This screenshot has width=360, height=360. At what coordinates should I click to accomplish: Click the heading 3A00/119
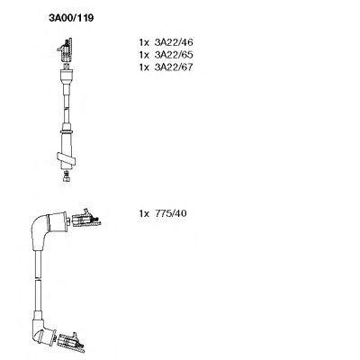(x=71, y=18)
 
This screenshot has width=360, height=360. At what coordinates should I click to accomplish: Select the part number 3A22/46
(x=174, y=42)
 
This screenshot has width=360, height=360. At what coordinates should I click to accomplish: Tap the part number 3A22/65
(x=174, y=55)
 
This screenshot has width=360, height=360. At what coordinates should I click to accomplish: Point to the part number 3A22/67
(x=174, y=67)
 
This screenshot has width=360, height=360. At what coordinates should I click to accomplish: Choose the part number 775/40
(x=170, y=213)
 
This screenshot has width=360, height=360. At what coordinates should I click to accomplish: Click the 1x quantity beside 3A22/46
(x=144, y=42)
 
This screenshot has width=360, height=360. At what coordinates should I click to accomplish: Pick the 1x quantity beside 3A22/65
(x=144, y=55)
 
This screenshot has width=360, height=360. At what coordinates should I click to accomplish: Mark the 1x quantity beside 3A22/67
(x=144, y=67)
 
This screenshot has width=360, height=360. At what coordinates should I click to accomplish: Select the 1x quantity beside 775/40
(x=144, y=213)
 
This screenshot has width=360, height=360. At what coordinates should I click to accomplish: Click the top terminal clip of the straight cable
(x=66, y=50)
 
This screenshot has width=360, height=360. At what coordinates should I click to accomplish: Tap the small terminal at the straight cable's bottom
(x=67, y=176)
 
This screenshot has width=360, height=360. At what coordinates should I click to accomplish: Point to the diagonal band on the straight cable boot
(x=66, y=158)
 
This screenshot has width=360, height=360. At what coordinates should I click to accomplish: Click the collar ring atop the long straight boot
(x=67, y=131)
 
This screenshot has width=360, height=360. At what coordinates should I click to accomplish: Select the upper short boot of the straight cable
(x=67, y=77)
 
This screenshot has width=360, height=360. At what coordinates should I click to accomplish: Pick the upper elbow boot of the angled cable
(x=47, y=231)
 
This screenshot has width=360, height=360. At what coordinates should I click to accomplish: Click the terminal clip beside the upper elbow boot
(x=85, y=219)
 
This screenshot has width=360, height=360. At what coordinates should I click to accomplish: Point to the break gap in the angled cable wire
(x=38, y=277)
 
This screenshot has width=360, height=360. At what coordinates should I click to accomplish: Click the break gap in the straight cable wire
(x=67, y=109)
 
